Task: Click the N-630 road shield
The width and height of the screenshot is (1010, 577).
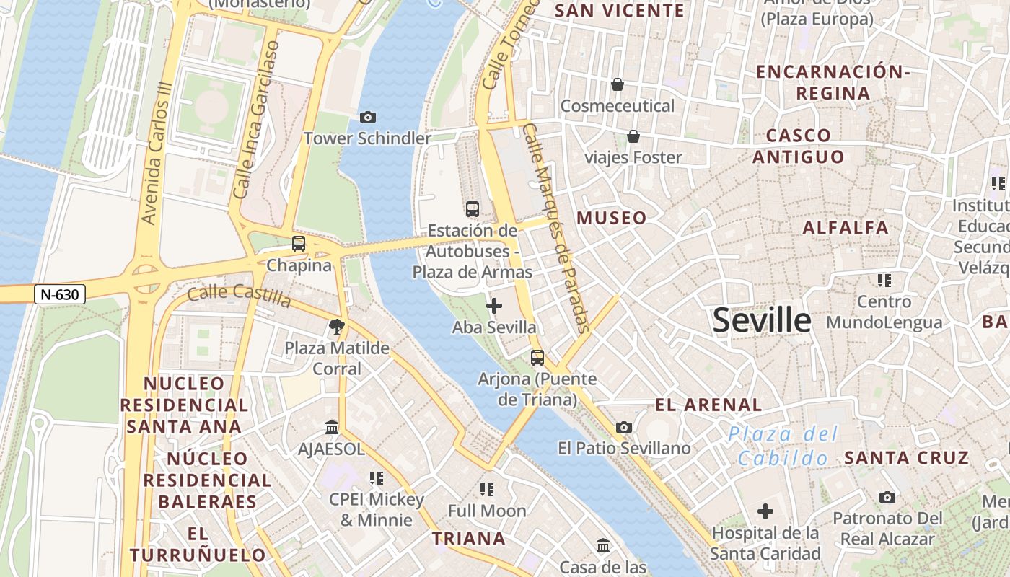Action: tap(60, 294)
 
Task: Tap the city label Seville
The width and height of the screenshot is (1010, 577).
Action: tap(762, 320)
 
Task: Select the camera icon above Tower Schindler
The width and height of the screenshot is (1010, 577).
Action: tap(367, 117)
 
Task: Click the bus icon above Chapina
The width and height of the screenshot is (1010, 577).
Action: tap(299, 244)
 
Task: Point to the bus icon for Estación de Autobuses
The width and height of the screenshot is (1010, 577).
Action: tap(473, 209)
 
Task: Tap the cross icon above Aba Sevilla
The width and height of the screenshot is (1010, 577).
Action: tap(494, 306)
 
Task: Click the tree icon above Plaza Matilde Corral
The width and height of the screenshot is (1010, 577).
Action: tap(336, 327)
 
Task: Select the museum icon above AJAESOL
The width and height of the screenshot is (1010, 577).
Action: tap(332, 427)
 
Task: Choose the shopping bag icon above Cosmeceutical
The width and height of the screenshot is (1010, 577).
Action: tap(618, 84)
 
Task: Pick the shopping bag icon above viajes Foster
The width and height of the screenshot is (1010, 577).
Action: tap(633, 136)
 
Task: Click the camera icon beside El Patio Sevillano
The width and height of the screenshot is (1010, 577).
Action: tap(624, 427)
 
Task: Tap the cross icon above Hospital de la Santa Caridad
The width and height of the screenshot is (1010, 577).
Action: tap(765, 511)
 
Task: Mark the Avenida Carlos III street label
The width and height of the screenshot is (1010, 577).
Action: tap(157, 162)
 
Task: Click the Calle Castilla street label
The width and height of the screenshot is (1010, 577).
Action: tap(239, 295)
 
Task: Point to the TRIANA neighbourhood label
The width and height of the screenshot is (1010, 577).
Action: tap(468, 539)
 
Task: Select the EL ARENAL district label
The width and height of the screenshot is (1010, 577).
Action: tap(708, 405)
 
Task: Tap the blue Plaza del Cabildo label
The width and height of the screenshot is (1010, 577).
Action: tap(783, 446)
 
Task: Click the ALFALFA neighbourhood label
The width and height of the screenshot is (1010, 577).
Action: tap(846, 228)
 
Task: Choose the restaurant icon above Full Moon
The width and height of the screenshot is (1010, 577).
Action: tap(487, 490)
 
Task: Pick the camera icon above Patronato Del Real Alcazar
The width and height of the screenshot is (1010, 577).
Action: tap(887, 497)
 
